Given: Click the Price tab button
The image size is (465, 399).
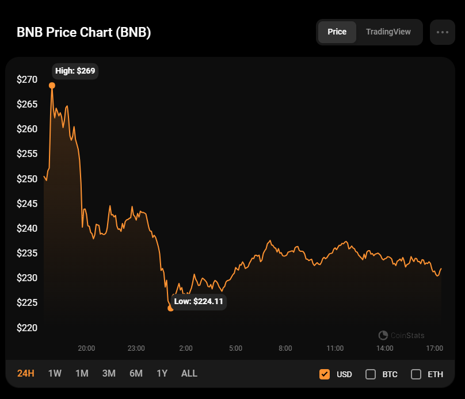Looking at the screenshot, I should pyautogui.click(x=337, y=32).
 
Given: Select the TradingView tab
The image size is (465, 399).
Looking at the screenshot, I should pyautogui.click(x=388, y=32).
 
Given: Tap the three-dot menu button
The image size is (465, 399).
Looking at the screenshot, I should pyautogui.click(x=442, y=32).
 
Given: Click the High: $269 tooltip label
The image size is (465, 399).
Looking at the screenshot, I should pyautogui.click(x=75, y=71).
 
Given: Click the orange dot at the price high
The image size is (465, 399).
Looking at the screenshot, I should pyautogui.click(x=52, y=85).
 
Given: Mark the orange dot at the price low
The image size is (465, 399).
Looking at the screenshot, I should pyautogui.click(x=170, y=308).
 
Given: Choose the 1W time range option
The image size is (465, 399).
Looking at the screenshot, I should pyautogui.click(x=55, y=373).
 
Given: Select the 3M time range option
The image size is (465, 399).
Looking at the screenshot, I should pyautogui.click(x=109, y=373).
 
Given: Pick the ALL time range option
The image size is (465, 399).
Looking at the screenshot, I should pyautogui.click(x=189, y=373).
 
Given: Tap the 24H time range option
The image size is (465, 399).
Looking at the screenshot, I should pyautogui.click(x=26, y=373).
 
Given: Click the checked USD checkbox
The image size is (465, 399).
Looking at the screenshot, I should pyautogui.click(x=325, y=374).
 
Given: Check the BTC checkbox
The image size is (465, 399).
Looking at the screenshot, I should pyautogui.click(x=371, y=374).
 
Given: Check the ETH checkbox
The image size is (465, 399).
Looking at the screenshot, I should pyautogui.click(x=416, y=374).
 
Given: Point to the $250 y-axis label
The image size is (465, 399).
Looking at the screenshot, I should pyautogui.click(x=27, y=179).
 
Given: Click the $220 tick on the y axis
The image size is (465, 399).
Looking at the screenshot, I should pyautogui.click(x=27, y=328).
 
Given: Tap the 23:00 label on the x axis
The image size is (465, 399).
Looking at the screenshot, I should pyautogui.click(x=136, y=348).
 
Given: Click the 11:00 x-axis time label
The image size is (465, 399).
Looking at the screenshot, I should pyautogui.click(x=335, y=348).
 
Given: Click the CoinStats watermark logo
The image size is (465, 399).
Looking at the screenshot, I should pyautogui.click(x=383, y=335).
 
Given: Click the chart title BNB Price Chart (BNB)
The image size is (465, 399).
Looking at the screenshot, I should pyautogui.click(x=84, y=32).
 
